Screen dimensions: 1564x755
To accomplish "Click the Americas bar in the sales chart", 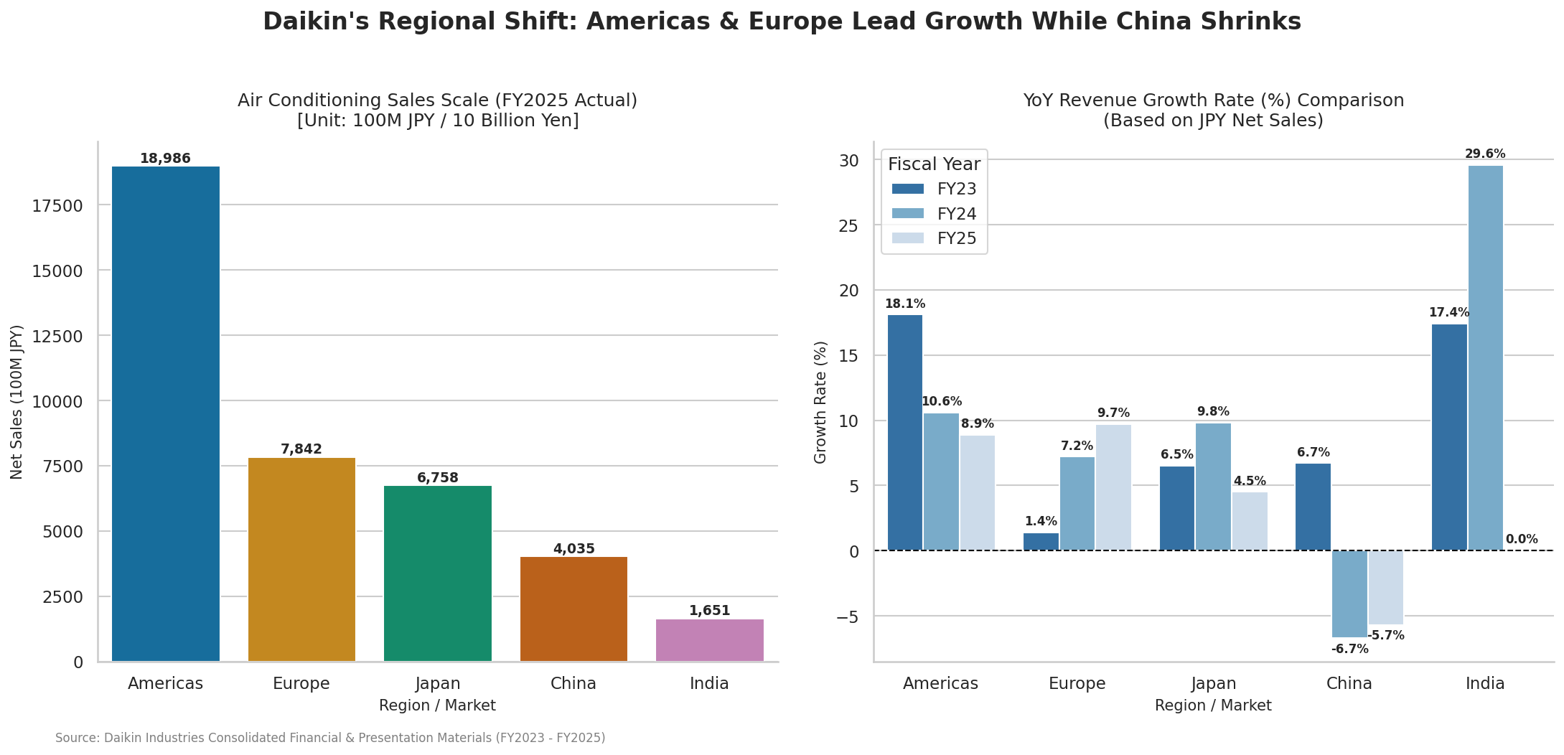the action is click(166, 414).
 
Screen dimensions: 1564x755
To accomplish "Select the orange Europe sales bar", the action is click(301, 560).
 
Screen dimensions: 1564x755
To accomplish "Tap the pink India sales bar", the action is click(710, 640).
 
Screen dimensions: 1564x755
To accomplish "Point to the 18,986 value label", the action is click(165, 159).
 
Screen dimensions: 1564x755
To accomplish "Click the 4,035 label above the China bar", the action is click(574, 549).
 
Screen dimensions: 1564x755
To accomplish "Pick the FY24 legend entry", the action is click(934, 214).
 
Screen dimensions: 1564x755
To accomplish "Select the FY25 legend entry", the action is click(934, 238).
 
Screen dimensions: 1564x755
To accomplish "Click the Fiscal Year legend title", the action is click(934, 164).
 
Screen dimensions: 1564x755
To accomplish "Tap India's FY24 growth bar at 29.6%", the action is click(1485, 358).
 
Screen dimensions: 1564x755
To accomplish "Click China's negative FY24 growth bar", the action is click(1349, 594).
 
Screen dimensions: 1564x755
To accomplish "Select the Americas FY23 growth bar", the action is click(905, 433).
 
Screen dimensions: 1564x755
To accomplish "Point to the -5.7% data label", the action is click(1386, 636).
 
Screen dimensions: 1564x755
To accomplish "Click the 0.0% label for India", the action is click(1522, 540).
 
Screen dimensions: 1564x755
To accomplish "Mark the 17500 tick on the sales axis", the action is click(57, 206).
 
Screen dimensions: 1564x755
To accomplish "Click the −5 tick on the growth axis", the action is click(847, 616).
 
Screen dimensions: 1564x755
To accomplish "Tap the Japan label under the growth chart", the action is click(1213, 683).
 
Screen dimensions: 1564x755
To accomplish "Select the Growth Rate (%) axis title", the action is click(821, 402).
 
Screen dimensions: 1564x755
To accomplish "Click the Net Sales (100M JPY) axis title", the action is click(17, 402).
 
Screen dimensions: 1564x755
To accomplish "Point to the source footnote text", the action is click(330, 738).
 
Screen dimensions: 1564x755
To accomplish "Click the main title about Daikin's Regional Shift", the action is click(782, 22).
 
